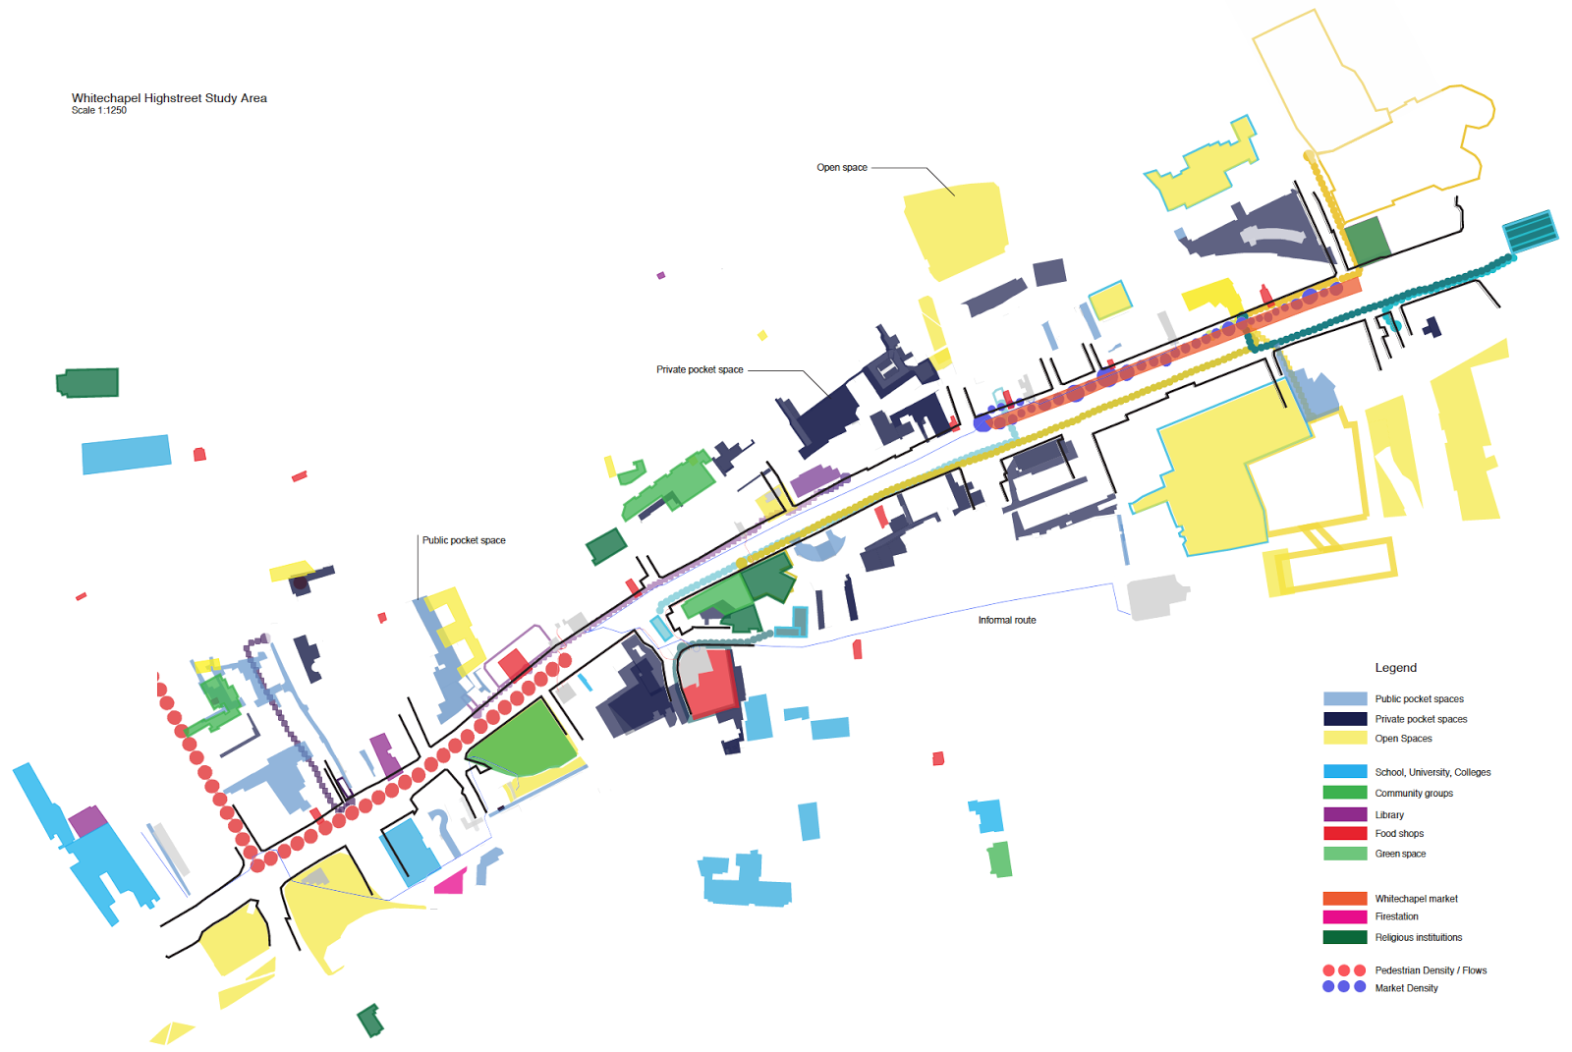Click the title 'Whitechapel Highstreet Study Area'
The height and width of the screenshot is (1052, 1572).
tap(169, 98)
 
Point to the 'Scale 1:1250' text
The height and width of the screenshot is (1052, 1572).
tap(99, 111)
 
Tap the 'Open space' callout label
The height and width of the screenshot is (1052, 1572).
tap(842, 168)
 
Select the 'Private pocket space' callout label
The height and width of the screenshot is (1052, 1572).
tap(700, 370)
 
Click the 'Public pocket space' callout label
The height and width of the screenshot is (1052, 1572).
tap(464, 540)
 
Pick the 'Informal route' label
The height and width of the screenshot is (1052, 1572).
tap(1007, 621)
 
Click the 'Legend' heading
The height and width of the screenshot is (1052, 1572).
tap(1395, 668)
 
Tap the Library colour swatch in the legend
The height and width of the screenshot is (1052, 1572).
tap(1345, 814)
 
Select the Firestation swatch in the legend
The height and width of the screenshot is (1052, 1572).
tap(1345, 916)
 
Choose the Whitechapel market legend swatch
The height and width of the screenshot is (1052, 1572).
tap(1345, 899)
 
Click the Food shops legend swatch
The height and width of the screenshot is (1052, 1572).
tap(1345, 833)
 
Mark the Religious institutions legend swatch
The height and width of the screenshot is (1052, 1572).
tap(1345, 937)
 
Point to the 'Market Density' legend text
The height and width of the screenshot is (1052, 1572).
tap(1406, 988)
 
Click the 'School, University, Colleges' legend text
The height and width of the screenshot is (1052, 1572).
tap(1432, 773)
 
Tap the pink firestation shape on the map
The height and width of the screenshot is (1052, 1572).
tap(451, 882)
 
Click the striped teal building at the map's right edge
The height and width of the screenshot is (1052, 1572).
tap(1531, 232)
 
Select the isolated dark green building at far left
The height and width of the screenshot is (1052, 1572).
tap(88, 382)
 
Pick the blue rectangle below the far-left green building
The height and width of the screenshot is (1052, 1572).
tap(126, 454)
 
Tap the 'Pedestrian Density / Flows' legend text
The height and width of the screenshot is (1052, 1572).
tap(1431, 970)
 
